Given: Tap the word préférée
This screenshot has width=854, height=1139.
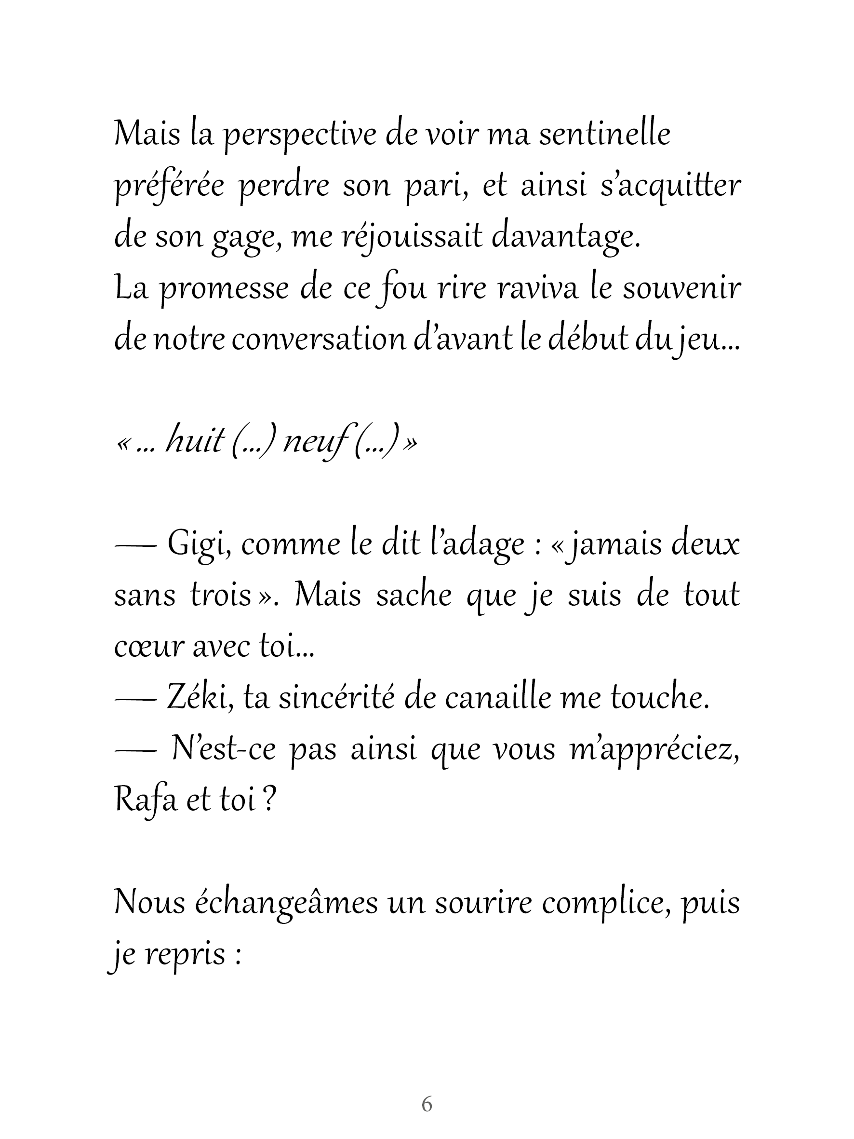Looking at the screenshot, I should [x=169, y=187].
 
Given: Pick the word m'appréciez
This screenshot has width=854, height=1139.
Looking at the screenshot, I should [x=654, y=750].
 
